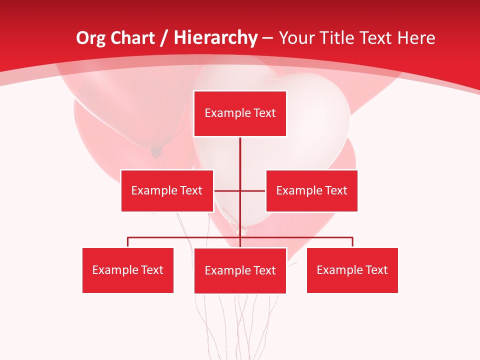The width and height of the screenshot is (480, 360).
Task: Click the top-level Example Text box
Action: (x=240, y=113)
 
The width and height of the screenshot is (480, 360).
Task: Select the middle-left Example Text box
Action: (x=167, y=190)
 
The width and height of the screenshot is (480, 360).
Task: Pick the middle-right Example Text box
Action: (x=311, y=190)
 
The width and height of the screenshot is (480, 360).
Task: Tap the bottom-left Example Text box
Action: (x=128, y=270)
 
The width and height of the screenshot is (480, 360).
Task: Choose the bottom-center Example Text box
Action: (x=240, y=270)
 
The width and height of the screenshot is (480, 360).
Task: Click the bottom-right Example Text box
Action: (x=352, y=270)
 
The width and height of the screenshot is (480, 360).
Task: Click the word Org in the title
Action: (x=90, y=38)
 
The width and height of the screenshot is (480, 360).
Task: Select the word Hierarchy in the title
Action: (x=215, y=38)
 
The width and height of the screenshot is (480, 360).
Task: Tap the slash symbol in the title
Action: (x=164, y=38)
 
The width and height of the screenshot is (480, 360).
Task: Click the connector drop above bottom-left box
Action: (x=128, y=242)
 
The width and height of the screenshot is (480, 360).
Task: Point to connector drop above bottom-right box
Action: (x=352, y=242)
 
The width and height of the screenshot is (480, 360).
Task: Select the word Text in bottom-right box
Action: (x=376, y=270)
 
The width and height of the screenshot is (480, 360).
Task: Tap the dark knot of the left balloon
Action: (x=156, y=150)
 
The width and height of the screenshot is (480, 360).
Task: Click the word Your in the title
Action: (x=295, y=38)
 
